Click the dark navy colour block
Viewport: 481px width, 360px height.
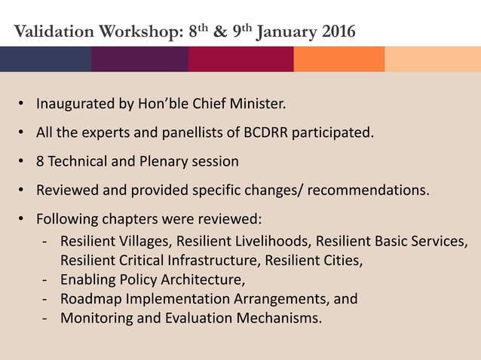coord(45,59)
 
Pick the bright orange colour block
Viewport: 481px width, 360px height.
coord(339,59)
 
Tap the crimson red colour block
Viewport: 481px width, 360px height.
coord(240,59)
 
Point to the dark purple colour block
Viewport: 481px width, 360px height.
coord(139,59)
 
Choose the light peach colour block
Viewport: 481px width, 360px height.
coord(433,59)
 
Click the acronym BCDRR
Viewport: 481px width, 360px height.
coord(271,133)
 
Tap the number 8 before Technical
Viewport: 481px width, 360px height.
coord(41,161)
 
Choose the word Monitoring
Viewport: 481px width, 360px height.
coord(94,318)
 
